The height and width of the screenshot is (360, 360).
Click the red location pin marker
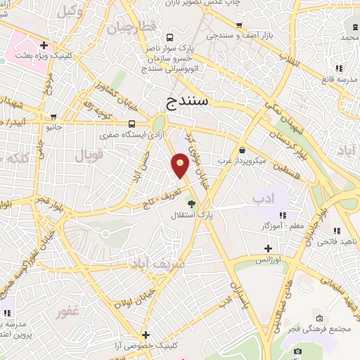[180, 165]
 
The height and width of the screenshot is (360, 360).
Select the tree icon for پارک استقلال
[191, 203]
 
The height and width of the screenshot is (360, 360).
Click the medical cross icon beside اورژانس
[268, 248]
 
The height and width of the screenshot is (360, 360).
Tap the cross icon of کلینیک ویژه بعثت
[44, 46]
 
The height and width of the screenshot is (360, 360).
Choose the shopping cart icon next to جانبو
[54, 117]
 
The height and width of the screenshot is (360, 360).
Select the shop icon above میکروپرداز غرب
[243, 150]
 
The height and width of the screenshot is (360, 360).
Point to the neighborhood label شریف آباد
[157, 264]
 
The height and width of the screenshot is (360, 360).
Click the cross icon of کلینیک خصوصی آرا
[146, 335]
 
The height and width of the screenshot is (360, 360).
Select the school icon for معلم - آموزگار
[282, 215]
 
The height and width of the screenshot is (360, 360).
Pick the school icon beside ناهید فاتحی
[337, 230]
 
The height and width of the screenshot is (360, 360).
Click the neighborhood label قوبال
[89, 153]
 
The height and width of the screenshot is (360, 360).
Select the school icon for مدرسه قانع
[338, 68]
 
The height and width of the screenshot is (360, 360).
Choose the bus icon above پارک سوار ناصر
[169, 38]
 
